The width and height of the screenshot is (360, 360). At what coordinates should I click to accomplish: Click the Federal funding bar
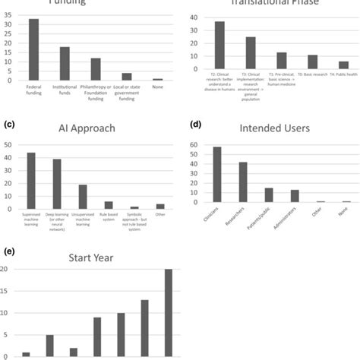point(33,49)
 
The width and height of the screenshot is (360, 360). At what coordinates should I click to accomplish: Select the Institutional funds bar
point(65,63)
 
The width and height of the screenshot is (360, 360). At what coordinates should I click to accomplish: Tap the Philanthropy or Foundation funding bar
point(96,68)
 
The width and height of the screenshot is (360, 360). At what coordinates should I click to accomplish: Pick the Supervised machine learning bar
point(31,180)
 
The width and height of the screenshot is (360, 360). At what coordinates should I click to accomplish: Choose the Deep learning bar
point(57,183)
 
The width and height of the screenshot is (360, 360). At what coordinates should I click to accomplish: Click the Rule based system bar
point(109,204)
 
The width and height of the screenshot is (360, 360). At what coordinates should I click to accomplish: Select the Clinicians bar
point(218,175)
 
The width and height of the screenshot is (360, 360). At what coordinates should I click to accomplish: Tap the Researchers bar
point(243,182)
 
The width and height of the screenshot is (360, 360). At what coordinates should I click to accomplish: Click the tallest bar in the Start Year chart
point(168,312)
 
